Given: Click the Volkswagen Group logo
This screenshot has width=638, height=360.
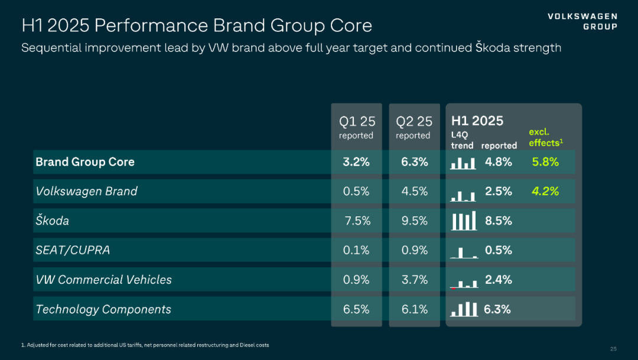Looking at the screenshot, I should pos(582,21).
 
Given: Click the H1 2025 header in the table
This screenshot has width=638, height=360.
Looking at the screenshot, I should pos(477,121).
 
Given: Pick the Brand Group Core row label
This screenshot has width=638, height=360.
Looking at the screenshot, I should pos(85,162).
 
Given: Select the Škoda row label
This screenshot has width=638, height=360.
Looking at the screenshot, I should pos(52,220).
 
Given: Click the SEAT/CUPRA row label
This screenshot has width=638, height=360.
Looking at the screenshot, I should pos(73,250).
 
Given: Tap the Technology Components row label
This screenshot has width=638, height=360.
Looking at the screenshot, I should pos(103,309).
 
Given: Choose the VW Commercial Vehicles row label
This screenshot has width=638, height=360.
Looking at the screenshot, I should pos(103,280).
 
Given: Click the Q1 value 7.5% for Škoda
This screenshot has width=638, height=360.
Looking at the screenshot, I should pos(357,220).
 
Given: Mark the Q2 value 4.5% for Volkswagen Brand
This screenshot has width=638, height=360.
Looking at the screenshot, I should pos(414,192).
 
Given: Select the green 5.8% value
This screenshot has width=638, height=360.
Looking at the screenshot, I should pos(545,162).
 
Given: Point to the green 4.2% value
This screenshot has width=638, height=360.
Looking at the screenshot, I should pos(545,192).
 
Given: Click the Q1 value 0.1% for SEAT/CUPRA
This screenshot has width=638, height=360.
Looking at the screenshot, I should pos(356,250).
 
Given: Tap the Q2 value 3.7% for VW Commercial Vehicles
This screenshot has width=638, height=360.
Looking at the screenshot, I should pos(414,280).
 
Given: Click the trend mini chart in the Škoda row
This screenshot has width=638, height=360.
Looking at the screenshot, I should pos(464,221).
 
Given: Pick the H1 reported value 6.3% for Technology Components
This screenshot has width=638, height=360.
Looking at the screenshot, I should pos(497,309).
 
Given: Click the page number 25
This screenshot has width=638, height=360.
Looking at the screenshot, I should pos(613,348).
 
